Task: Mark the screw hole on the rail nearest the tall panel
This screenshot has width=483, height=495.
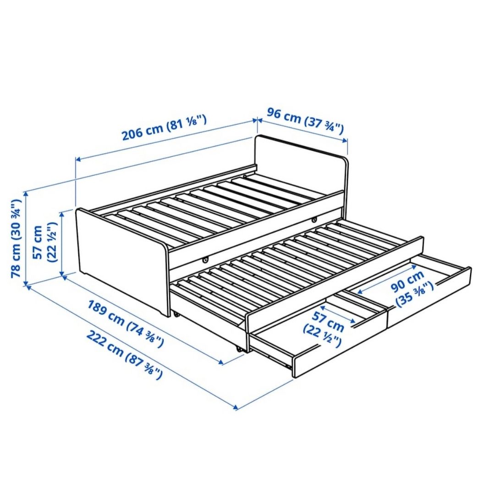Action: [314, 220]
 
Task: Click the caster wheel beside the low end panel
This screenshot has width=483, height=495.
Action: [175, 314]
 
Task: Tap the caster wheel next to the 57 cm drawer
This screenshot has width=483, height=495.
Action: [238, 349]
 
